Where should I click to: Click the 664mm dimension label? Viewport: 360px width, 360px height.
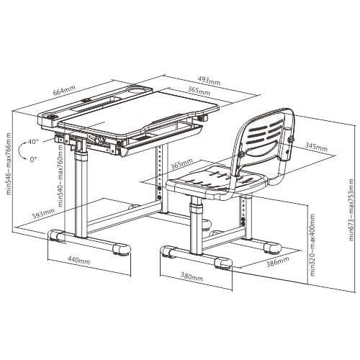point(64,90)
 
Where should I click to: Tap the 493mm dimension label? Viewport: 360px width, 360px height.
point(209,81)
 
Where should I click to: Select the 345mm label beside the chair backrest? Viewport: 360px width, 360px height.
point(316,147)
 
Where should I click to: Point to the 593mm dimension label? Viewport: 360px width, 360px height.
point(43,213)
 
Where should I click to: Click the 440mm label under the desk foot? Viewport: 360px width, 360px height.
point(78,260)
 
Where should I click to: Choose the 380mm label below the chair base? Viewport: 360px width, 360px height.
point(192,276)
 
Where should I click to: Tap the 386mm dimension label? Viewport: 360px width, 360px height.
point(278,261)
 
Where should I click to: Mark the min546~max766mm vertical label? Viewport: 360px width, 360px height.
point(9,164)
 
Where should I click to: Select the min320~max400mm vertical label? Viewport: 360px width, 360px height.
point(312,245)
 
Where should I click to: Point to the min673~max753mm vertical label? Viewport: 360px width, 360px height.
point(351,210)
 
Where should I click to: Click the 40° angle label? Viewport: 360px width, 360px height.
point(33,142)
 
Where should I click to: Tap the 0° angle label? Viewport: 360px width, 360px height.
point(34,159)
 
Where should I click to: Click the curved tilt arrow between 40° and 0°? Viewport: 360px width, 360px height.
point(19,150)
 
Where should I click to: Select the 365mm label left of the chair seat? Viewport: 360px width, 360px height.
point(181,164)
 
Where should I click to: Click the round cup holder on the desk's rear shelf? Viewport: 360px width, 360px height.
point(138,89)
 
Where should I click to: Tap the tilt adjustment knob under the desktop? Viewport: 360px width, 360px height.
point(102,140)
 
